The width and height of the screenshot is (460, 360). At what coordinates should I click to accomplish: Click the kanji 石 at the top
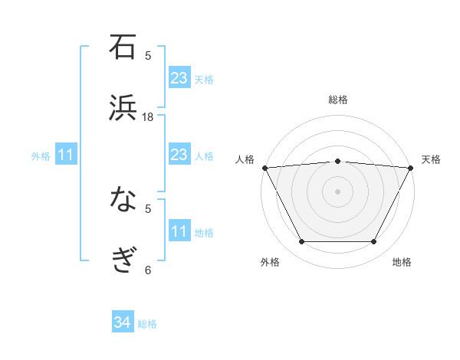[x=123, y=47]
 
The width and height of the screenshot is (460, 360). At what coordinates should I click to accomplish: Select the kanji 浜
[x=123, y=108]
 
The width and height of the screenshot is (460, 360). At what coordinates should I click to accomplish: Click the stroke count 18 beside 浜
[x=148, y=116]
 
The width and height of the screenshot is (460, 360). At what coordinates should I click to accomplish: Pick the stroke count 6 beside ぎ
[x=148, y=269]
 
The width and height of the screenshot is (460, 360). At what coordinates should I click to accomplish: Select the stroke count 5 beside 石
[x=148, y=55]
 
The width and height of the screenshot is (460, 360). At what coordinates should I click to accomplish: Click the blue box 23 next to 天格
[x=179, y=78]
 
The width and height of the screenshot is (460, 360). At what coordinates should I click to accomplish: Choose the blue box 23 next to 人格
[x=179, y=155]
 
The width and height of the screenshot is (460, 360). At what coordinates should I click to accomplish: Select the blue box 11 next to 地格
[x=179, y=231]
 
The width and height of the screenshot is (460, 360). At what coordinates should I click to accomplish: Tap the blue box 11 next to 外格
[x=66, y=155]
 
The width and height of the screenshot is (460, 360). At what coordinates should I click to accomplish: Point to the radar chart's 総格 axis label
[x=338, y=100]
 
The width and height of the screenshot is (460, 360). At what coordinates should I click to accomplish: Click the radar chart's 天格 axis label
[x=432, y=159]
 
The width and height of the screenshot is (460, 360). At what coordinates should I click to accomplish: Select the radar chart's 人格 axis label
[x=245, y=159]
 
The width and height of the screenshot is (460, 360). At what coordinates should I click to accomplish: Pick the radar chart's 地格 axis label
[x=402, y=262]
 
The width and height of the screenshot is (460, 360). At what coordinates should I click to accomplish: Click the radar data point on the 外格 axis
[x=301, y=242]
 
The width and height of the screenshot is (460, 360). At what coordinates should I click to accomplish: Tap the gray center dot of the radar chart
[x=338, y=191]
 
